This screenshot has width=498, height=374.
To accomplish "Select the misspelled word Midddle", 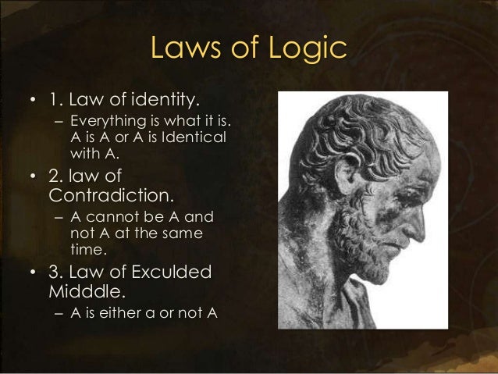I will (x=86, y=292).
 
